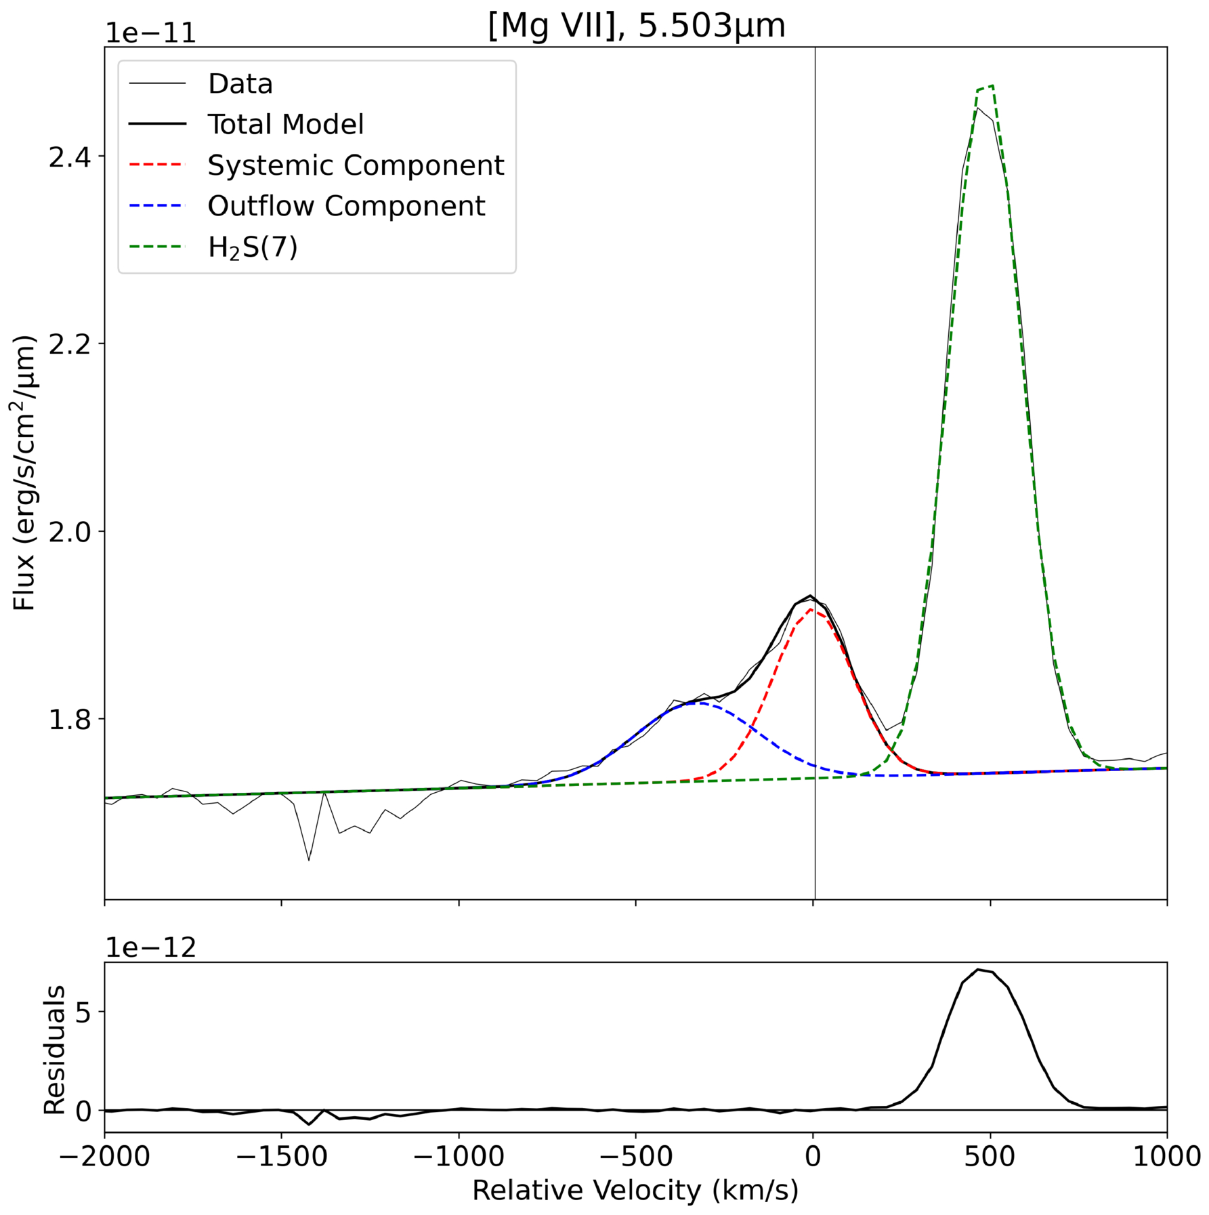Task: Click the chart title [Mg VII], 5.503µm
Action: coord(636,26)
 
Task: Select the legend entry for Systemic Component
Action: coord(356,165)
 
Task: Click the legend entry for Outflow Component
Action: coord(346,206)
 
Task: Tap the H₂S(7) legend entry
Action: coord(253,247)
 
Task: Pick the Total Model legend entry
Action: coord(285,125)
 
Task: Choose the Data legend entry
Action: coord(240,84)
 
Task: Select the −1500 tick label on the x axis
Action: coord(282,1156)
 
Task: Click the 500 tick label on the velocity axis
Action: coord(990,1156)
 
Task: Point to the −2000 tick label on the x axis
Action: coord(104,1156)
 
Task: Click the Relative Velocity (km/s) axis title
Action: coord(635,1191)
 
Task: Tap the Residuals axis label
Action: coord(54,1050)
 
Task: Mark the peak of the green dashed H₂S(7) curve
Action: coord(992,86)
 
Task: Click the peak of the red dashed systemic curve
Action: coord(811,609)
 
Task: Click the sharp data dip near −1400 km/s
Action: coord(309,860)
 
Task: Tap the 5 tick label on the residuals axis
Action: coord(83,1012)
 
